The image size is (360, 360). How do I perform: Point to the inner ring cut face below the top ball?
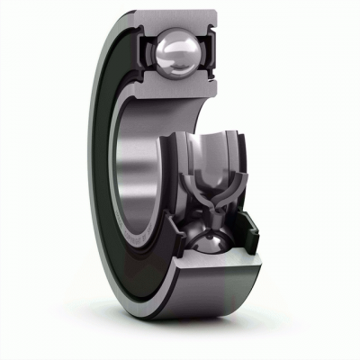(x=180, y=90)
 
